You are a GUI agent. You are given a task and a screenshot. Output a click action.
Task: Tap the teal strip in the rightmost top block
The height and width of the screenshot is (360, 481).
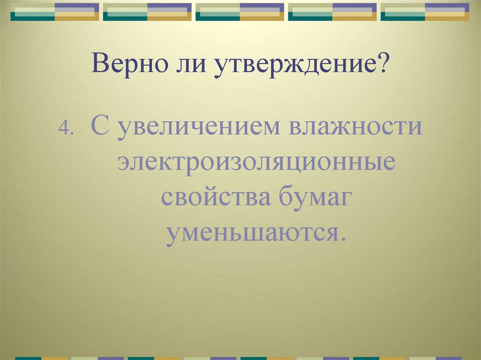403,16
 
